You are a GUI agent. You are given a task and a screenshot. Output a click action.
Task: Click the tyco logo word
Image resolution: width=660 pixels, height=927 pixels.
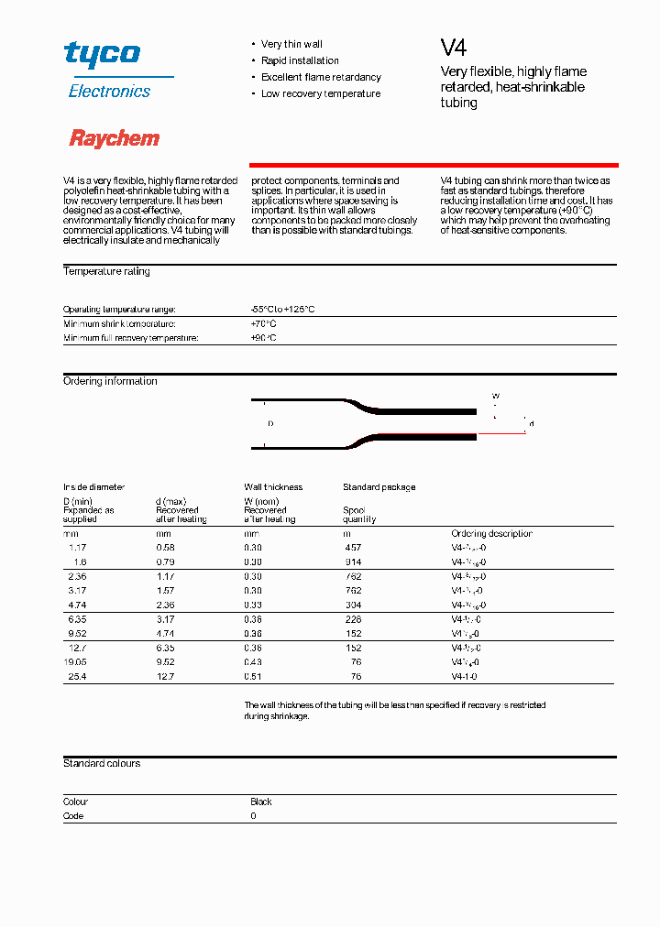(x=102, y=54)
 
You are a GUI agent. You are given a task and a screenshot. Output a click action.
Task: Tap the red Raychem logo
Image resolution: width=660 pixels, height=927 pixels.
(x=115, y=138)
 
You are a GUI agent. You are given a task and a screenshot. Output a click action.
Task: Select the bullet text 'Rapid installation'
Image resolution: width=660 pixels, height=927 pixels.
(x=300, y=60)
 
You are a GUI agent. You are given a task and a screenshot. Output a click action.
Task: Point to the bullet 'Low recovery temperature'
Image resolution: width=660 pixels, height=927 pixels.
(x=321, y=93)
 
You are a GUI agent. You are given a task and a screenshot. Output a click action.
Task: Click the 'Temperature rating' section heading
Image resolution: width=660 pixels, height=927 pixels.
(x=106, y=271)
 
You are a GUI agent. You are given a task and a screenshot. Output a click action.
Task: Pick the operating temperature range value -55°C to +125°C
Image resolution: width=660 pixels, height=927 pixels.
(x=282, y=310)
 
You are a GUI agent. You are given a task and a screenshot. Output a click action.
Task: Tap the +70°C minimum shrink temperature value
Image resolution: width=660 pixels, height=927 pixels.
(x=263, y=323)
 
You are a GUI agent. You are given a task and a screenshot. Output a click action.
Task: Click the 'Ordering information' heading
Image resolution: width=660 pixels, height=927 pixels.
(x=110, y=381)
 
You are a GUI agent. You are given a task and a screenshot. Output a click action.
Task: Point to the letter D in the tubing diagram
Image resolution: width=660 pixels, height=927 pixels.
(x=270, y=424)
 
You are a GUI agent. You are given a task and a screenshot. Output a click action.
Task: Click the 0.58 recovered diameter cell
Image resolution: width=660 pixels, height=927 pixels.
(x=165, y=548)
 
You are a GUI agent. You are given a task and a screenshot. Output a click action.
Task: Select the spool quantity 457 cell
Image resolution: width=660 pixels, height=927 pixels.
(x=353, y=548)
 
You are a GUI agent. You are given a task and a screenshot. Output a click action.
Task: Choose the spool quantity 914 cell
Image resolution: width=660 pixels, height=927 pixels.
(x=353, y=562)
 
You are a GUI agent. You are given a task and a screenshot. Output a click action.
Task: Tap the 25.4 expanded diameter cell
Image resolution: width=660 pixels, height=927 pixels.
(x=76, y=677)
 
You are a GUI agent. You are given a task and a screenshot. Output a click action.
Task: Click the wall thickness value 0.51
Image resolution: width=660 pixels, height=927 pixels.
(x=253, y=677)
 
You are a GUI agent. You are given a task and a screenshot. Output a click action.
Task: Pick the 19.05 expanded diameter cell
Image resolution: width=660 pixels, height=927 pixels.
(x=74, y=662)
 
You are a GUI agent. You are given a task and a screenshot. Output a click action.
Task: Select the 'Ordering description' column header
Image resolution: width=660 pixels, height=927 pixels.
(x=491, y=533)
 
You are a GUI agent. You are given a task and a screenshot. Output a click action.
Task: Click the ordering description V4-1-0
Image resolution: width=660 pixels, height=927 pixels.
(x=464, y=677)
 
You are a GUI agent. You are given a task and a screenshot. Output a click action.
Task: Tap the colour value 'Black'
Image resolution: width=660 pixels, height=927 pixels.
(x=261, y=802)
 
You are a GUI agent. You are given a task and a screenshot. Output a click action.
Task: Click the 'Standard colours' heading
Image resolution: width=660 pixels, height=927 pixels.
(x=102, y=763)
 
